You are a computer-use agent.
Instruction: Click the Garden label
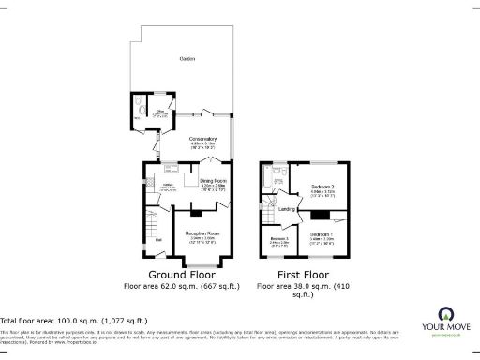coord(187,59)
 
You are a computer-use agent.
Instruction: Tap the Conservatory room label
coord(203,140)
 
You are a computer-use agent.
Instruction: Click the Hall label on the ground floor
coord(159,242)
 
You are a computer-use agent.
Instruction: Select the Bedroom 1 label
coord(322,233)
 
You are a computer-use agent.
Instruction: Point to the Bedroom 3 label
coord(279,239)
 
